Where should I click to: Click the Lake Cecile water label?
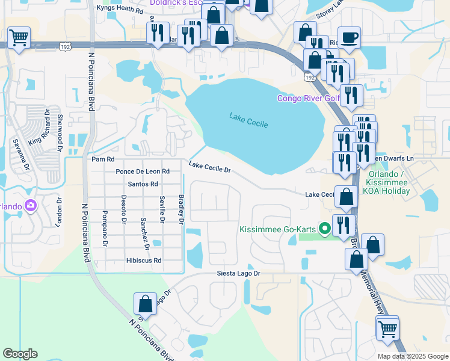[x=248, y=120]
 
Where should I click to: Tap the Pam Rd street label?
[x=102, y=159]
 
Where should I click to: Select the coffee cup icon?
[x=349, y=38]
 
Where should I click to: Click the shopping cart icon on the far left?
[x=19, y=37]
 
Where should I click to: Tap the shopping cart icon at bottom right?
[x=387, y=329]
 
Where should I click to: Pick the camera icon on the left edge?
[x=30, y=206]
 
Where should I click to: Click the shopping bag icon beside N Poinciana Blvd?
[x=145, y=303]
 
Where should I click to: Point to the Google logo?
[x=20, y=354]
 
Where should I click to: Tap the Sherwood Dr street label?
[x=60, y=129]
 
